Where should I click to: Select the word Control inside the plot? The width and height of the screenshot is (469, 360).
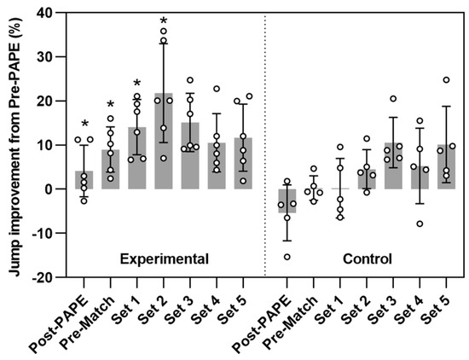coord(367,258)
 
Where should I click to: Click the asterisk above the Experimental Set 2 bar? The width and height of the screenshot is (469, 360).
coord(164,21)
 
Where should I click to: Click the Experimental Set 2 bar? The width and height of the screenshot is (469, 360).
coord(164,142)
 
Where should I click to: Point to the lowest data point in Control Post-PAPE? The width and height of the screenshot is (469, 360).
coord(287,257)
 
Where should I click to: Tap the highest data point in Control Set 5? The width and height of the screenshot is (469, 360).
coord(446,80)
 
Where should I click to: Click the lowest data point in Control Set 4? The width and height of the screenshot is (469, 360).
coord(420,224)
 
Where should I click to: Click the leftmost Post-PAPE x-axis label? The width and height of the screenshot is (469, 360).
coord(68,316)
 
